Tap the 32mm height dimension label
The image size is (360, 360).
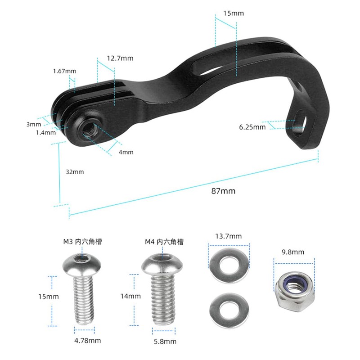coord(75,171)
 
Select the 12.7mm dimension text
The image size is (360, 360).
coord(120,58)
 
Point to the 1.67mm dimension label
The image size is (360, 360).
coord(64,71)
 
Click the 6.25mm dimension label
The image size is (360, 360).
coord(252,127)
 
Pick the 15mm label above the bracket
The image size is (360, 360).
coord(234,13)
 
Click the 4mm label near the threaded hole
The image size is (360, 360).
coord(126,152)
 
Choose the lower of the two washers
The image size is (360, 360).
coord(229,310)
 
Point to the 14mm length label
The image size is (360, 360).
coord(130,296)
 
